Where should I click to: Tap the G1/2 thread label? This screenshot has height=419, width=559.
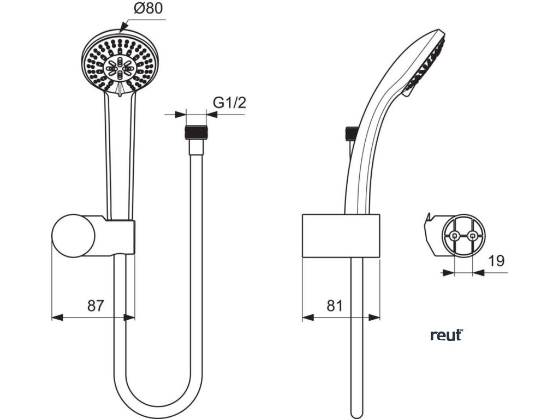(x=229, y=102)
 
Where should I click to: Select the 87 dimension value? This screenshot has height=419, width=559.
(x=96, y=306)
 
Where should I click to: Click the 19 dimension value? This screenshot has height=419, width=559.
(x=496, y=261)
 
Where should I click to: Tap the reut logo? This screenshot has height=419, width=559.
(x=447, y=335)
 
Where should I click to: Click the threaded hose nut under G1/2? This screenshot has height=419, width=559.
(x=196, y=132)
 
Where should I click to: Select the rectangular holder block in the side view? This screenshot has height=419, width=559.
(x=341, y=234)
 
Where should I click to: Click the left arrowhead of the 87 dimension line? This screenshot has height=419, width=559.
(x=56, y=317)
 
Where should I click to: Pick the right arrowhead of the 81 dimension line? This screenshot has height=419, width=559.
(x=376, y=317)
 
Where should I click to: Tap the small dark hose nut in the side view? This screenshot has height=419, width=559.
(x=352, y=133)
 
